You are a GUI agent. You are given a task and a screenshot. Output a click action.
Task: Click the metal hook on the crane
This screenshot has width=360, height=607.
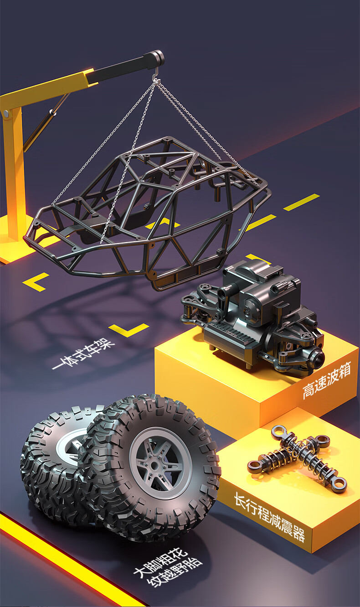(x=156, y=74)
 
